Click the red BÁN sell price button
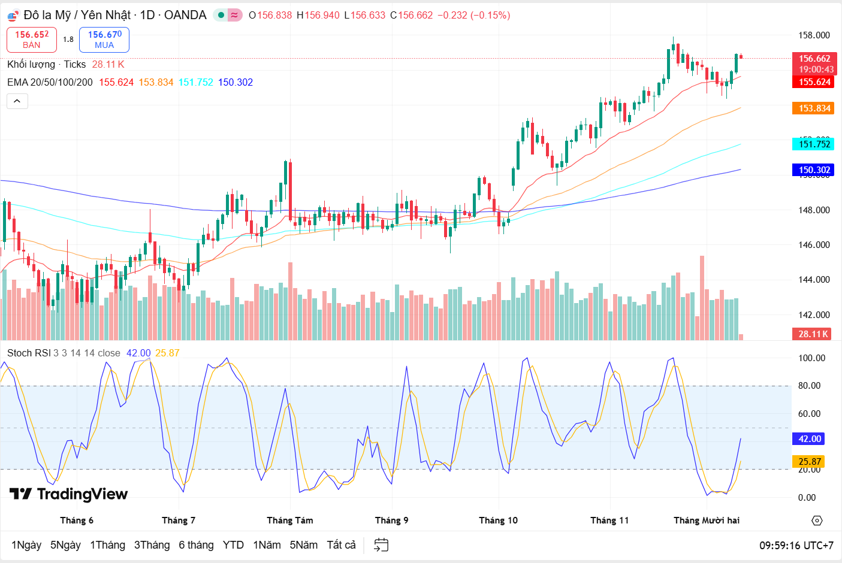click(x=32, y=40)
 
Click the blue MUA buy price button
click(x=104, y=40)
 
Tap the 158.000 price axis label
click(x=814, y=35)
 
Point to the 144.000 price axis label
click(x=814, y=280)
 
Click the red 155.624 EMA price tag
click(x=814, y=82)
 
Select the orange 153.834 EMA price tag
click(x=814, y=108)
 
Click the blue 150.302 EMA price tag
click(x=814, y=170)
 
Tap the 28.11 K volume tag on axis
click(x=813, y=334)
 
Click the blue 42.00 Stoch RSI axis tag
click(x=810, y=439)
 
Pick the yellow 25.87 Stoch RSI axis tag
click(x=810, y=462)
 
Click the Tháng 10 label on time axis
click(x=498, y=520)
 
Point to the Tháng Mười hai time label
click(x=707, y=520)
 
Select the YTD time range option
click(x=233, y=545)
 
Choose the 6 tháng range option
click(x=196, y=545)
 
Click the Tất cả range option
click(x=341, y=545)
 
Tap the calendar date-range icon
click(x=381, y=545)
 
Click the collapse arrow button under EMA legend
click(x=17, y=101)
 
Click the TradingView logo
click(x=69, y=494)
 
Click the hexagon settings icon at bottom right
click(x=817, y=520)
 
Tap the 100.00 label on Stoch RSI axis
click(x=812, y=358)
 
